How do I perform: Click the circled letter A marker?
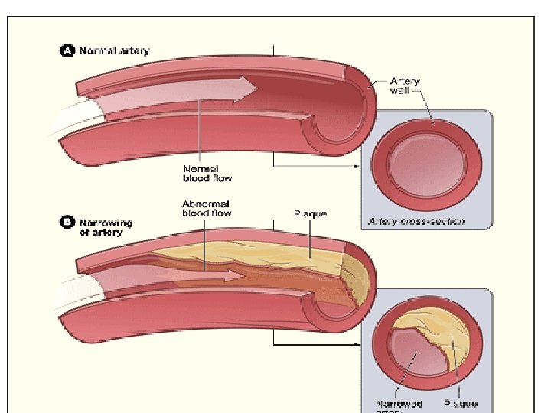pos(67,51)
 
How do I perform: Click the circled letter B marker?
pos(67,223)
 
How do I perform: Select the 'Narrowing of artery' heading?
pos(106,227)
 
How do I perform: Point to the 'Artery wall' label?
pos(405,86)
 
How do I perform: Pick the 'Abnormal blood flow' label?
pos(207,208)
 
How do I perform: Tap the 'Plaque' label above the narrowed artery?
pos(310,213)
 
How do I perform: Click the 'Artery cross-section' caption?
pos(416,222)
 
